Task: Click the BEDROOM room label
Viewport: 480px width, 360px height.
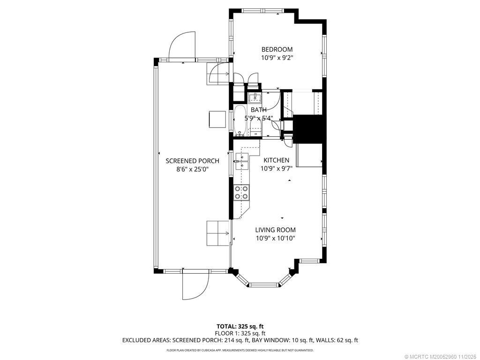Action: pos(277,49)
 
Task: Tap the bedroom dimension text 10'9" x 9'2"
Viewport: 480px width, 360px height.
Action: pos(277,58)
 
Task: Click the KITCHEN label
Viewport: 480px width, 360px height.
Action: pos(276,160)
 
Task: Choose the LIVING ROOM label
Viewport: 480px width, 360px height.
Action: pos(275,230)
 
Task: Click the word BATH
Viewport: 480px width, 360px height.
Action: pos(258,110)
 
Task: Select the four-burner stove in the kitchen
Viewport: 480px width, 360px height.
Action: pos(241,192)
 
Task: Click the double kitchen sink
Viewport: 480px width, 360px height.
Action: pos(242,161)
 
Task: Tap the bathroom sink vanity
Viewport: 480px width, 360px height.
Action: pos(255,97)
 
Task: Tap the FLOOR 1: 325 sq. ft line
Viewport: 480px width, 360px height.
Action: pos(240,333)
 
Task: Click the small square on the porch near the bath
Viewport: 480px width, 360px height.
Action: pos(217,119)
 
